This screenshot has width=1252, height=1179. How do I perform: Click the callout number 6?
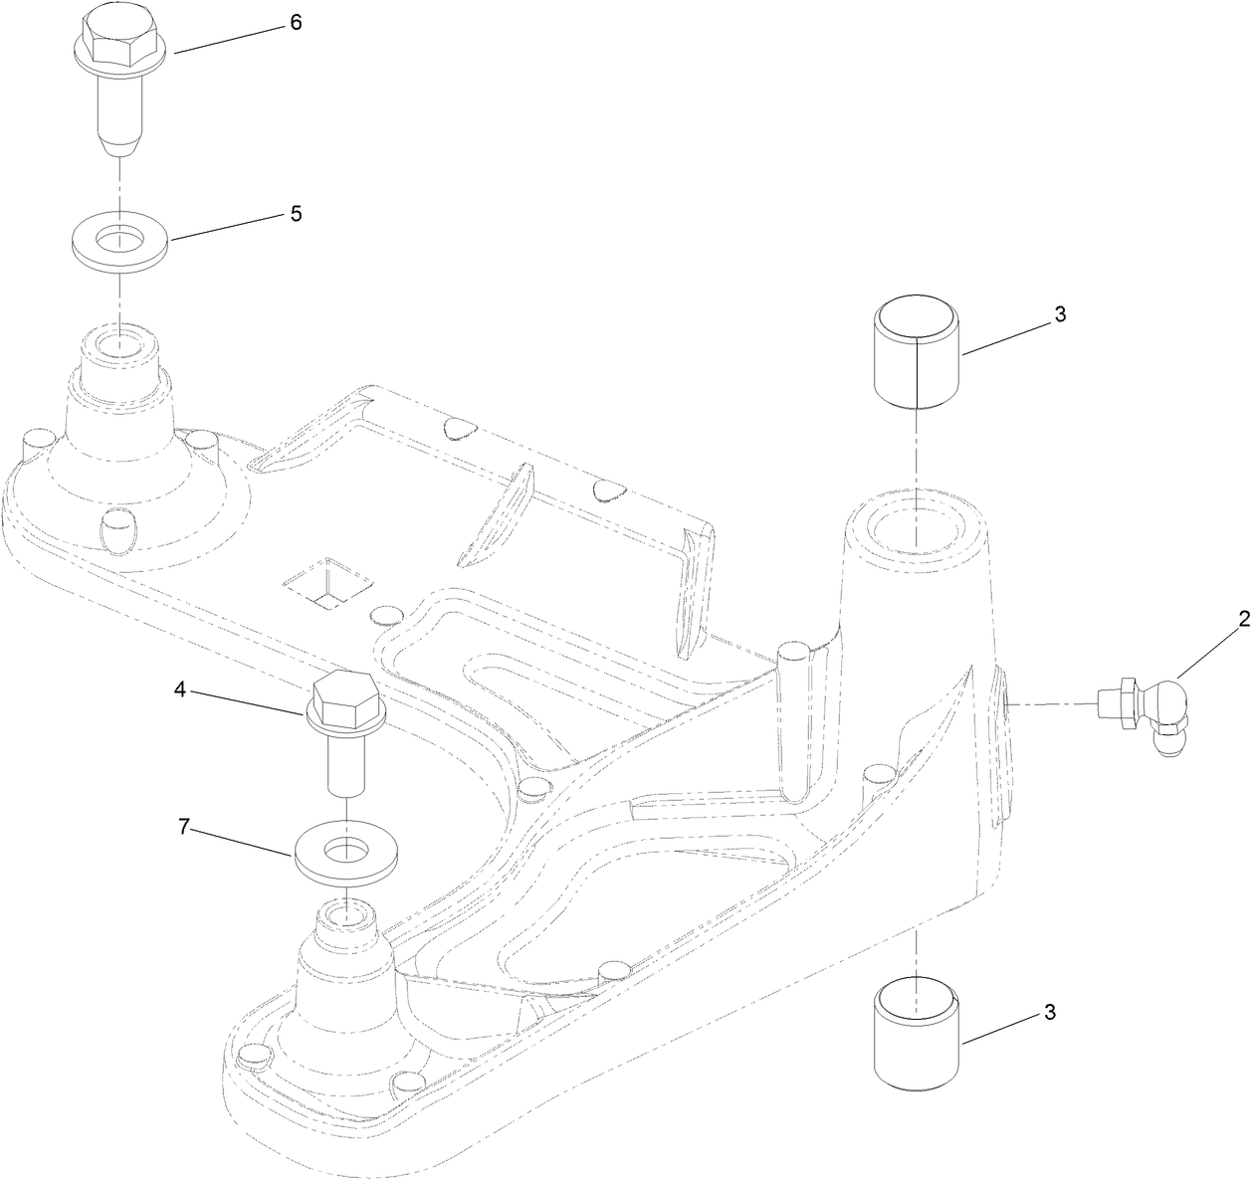(x=296, y=23)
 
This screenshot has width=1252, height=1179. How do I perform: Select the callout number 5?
(x=296, y=214)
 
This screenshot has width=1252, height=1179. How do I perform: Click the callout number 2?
(x=1243, y=620)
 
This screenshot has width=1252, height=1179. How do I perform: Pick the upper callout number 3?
(x=1060, y=314)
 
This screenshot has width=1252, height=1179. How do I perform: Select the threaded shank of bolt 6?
(x=118, y=110)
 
